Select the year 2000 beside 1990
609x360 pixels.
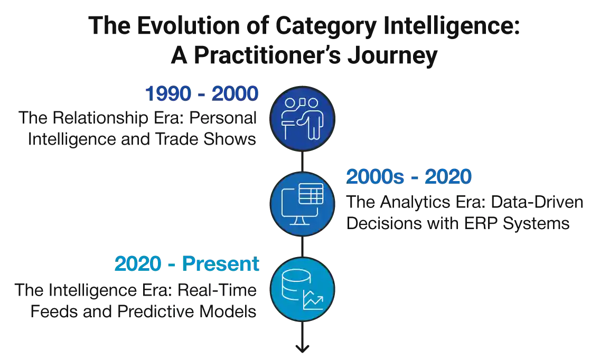[x=235, y=94]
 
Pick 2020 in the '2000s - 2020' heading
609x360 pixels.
[x=448, y=177]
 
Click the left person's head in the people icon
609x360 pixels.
[x=289, y=102]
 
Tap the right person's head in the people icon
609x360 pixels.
[x=313, y=102]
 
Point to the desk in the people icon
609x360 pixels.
[x=289, y=121]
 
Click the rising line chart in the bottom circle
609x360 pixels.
[x=313, y=301]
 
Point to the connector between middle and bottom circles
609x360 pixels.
[x=302, y=245]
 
